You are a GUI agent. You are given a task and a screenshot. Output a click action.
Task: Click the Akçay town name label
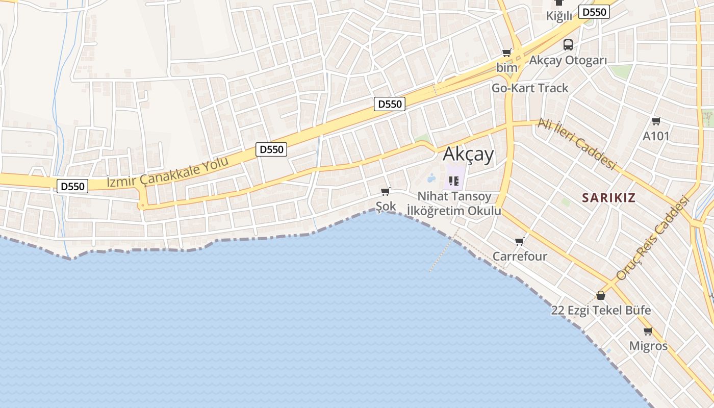(468, 154)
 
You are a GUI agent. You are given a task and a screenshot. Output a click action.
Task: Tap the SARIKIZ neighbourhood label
(609, 198)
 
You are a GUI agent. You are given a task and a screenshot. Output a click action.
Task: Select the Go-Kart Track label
(529, 88)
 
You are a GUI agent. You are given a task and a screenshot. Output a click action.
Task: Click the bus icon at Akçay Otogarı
(568, 45)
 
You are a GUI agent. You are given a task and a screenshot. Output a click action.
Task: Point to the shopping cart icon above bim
(506, 53)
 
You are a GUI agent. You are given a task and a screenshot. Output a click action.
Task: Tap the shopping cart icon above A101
(656, 121)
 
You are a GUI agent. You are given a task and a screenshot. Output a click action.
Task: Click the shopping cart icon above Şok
(386, 192)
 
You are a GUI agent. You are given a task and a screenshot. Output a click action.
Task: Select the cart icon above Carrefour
(520, 242)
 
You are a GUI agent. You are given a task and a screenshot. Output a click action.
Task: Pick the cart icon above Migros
(648, 331)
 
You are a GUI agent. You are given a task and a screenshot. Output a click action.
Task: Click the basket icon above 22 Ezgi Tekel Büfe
(601, 295)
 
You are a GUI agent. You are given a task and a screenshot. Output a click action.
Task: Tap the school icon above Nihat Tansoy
(454, 181)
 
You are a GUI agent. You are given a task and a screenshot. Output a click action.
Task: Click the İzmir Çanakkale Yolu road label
(168, 173)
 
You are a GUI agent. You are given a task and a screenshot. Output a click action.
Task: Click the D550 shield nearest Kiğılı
(594, 12)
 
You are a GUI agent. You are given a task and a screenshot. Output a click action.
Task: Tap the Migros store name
(648, 346)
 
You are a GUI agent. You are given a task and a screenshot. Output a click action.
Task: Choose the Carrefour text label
(520, 256)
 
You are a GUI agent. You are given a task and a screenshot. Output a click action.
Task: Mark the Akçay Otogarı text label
(568, 60)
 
